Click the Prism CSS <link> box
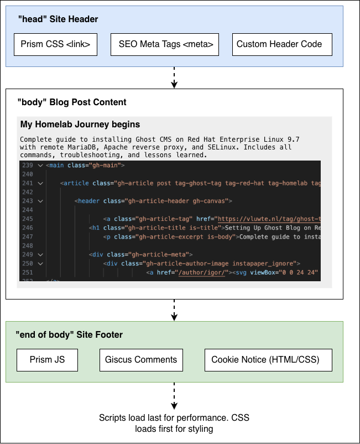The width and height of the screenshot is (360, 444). tap(55, 44)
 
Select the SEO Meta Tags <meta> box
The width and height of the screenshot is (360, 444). tap(166, 44)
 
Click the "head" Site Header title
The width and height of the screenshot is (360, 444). tap(58, 19)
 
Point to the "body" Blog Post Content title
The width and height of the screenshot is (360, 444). tap(72, 102)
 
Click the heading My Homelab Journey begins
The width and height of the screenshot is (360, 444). tap(80, 125)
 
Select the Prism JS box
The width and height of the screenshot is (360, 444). tap(47, 360)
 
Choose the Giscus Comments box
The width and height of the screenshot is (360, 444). tap(141, 360)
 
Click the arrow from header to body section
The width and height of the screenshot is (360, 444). tap(174, 78)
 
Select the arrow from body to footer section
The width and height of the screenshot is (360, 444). tap(174, 310)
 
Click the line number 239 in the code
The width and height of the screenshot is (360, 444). tap(28, 165)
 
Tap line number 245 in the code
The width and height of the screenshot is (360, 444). tap(28, 219)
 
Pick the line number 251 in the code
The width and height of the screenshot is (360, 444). tap(28, 272)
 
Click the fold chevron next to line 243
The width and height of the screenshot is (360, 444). tap(40, 201)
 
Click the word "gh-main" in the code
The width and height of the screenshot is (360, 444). tap(108, 165)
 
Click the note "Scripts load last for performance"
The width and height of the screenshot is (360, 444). tap(174, 417)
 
